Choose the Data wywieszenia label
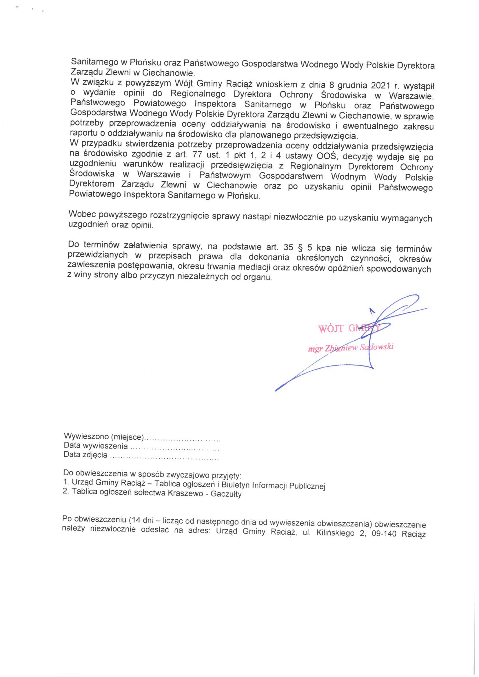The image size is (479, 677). click(96, 446)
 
